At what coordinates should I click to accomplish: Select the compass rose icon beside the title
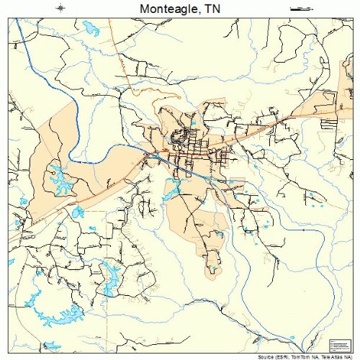62,8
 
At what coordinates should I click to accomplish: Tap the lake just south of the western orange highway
78,212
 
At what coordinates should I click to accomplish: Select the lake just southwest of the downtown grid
172,191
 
